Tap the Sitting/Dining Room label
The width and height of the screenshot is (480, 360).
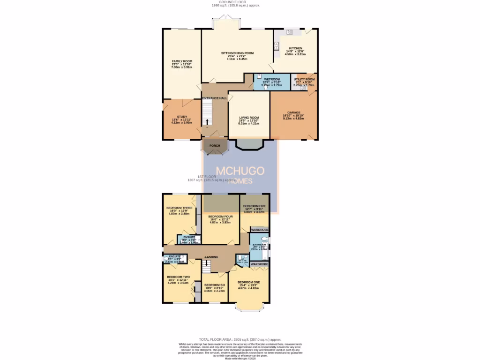click(237, 53)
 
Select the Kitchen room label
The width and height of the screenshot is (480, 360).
click(295, 48)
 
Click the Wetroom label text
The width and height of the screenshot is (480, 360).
click(272, 79)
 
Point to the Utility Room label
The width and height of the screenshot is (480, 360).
click(304, 80)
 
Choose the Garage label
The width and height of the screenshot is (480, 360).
click(294, 113)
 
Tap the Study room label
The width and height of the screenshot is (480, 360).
click(182, 117)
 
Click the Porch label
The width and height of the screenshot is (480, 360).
click(215, 146)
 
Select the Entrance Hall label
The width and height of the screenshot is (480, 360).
click(215, 98)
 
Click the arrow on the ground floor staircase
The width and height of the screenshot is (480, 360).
click(206, 121)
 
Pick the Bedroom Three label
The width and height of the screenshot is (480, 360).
click(179, 208)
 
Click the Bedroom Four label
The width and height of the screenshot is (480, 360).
click(220, 217)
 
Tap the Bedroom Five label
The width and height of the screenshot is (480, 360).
click(255, 206)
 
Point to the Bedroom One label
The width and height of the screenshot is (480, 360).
click(248, 282)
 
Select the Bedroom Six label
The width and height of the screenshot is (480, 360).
click(215, 285)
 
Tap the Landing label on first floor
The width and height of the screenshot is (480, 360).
click(211, 257)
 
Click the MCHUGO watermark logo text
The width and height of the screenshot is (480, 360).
click(240, 171)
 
